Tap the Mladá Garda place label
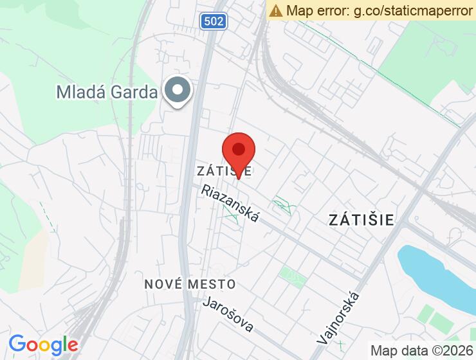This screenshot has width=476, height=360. point(107,92)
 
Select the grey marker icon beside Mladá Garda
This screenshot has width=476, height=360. point(177,91)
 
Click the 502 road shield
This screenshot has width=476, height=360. point(212,22)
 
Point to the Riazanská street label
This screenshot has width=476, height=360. point(230,204)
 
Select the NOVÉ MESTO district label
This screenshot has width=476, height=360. point(189,283)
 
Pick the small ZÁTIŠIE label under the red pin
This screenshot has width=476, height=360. point(224,171)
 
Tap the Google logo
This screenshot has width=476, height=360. point(43,345)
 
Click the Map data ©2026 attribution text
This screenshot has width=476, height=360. point(421,350)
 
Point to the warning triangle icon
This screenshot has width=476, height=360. point(276,10)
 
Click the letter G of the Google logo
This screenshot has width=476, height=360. point(17,345)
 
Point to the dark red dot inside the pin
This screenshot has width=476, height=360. point(239,149)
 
